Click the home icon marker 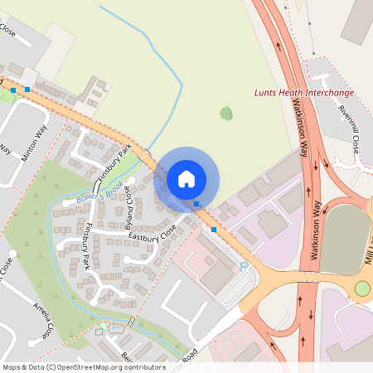[186, 178]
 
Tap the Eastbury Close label [153, 234]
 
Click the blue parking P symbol [243, 265]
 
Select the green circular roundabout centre [362, 288]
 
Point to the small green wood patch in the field [225, 113]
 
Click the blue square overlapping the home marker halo [196, 204]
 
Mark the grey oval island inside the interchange [344, 240]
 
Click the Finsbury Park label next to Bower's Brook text [115, 164]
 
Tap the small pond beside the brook [114, 328]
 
